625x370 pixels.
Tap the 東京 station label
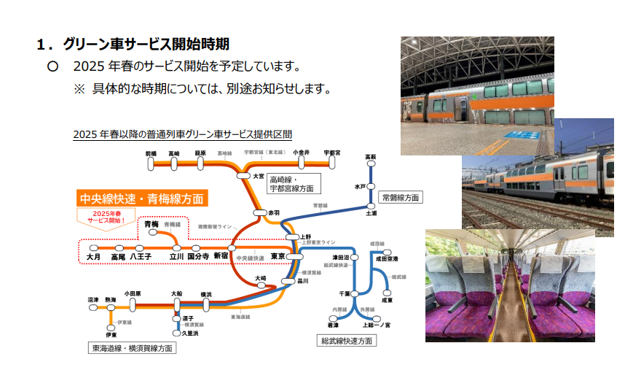(278, 257)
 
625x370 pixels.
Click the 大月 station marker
(93, 247)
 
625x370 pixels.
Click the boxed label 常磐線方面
(401, 197)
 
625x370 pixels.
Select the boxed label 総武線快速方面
(347, 340)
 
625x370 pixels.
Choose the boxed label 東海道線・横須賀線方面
(131, 348)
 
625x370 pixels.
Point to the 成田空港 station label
(386, 258)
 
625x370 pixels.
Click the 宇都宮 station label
(332, 153)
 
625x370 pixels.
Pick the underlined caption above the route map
(182, 134)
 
